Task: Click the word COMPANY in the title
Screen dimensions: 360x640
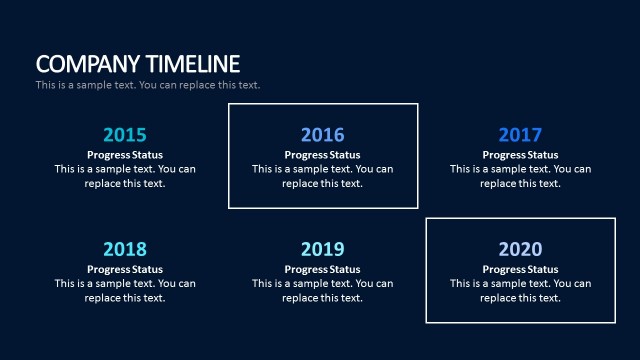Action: click(84, 64)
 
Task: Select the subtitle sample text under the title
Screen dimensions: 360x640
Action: click(148, 85)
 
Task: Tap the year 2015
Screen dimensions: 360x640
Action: click(125, 135)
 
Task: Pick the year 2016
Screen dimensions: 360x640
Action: click(322, 135)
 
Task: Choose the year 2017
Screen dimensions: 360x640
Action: click(520, 135)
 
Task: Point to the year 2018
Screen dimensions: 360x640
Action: click(125, 249)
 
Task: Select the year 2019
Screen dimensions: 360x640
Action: click(322, 249)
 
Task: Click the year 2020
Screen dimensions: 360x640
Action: click(520, 249)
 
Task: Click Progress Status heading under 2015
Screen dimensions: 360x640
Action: click(125, 155)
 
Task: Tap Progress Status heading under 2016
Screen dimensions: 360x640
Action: click(322, 155)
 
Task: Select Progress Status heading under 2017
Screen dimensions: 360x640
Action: click(520, 155)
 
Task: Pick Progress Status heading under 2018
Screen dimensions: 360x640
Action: click(125, 269)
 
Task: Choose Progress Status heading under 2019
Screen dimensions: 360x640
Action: click(322, 269)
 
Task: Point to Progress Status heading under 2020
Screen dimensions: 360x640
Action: click(520, 269)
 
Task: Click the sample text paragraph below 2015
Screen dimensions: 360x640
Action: click(125, 176)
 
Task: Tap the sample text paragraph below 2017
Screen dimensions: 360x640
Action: click(520, 176)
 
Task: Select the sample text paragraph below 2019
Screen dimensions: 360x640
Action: click(322, 290)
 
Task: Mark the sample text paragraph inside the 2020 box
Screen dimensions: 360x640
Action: click(520, 290)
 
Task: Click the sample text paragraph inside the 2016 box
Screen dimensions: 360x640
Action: click(322, 176)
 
